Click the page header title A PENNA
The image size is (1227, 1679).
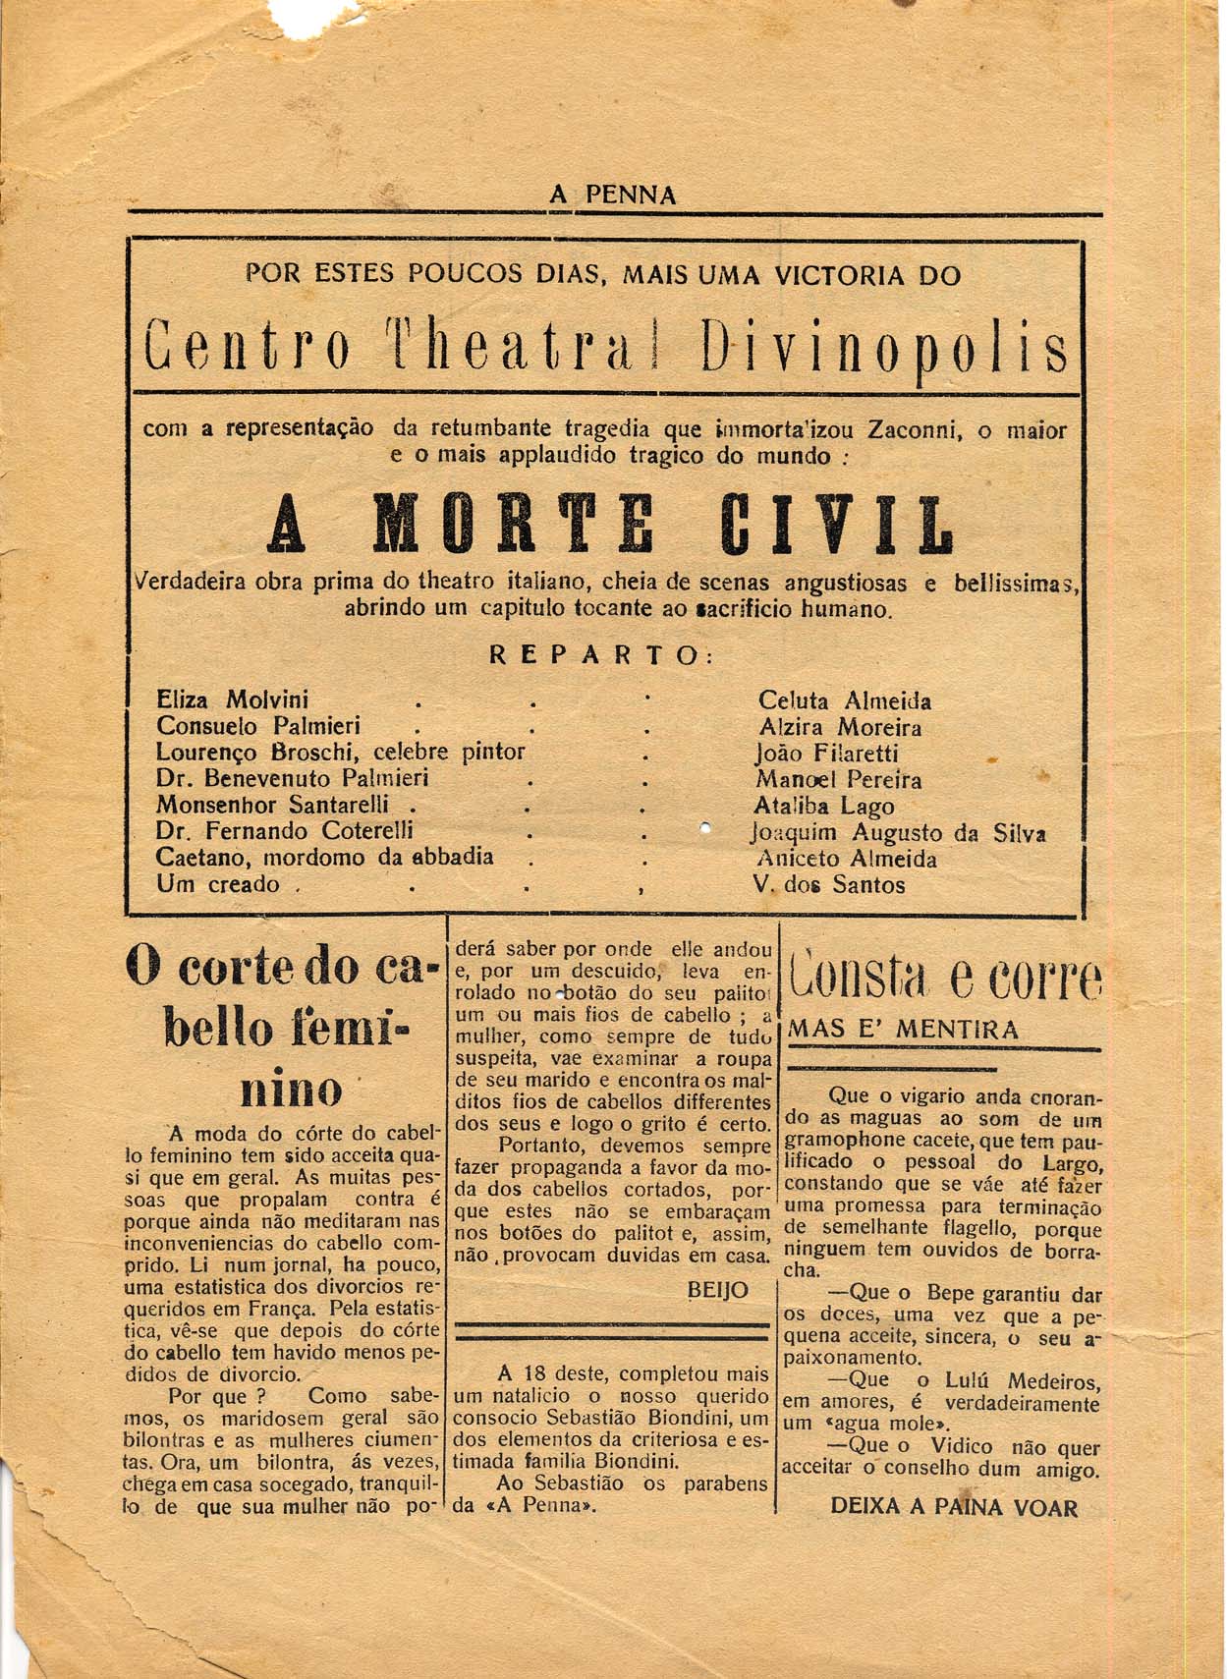[x=613, y=195]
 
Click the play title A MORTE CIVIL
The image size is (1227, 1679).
[x=611, y=524]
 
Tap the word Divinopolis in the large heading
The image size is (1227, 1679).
[x=885, y=352]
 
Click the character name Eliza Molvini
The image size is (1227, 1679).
[x=232, y=700]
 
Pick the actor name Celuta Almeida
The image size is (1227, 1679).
[x=844, y=700]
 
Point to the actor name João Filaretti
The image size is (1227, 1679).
[x=826, y=754]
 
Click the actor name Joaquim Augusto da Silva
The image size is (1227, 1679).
[x=897, y=833]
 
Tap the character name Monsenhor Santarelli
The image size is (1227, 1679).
[x=272, y=805]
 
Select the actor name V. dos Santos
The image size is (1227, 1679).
[x=829, y=884]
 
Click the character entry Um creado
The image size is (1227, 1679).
[x=218, y=884]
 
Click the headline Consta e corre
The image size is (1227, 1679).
[x=944, y=978]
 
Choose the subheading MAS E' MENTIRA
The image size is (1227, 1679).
[x=904, y=1030]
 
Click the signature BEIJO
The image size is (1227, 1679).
[x=718, y=1290]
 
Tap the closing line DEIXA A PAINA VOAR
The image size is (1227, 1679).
[x=954, y=1507]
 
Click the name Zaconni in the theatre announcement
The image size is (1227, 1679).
[x=914, y=429]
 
